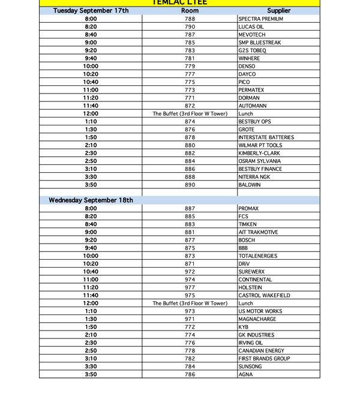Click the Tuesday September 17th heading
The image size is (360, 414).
pos(91,11)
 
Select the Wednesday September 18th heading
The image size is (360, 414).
pos(91,200)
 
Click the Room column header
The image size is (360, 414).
pos(190,11)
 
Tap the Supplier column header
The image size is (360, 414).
pos(278,11)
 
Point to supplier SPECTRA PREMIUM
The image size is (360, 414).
pos(260,19)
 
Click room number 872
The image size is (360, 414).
pos(190,106)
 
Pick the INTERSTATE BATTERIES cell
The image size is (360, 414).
pos(266,137)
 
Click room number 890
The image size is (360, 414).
pos(190,185)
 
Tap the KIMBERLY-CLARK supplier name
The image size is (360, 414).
pos(259,153)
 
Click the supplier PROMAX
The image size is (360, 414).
pos(248,208)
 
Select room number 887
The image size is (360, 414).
pos(190,208)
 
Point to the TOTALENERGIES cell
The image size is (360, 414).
pos(257,256)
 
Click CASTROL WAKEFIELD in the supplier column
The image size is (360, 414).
pos(264,295)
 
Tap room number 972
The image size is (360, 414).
pos(190,272)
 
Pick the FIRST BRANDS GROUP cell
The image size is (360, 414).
pos(264,358)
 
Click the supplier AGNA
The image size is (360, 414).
pos(245,374)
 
